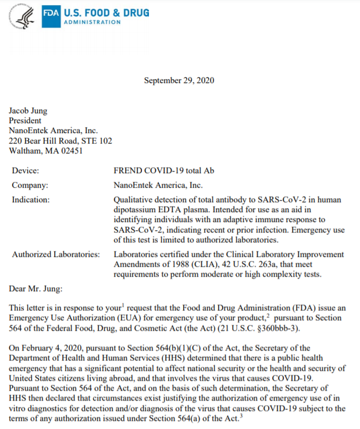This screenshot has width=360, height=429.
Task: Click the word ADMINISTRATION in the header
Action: (x=92, y=22)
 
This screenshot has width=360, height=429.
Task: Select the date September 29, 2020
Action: (x=179, y=80)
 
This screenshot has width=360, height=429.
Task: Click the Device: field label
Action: (x=26, y=171)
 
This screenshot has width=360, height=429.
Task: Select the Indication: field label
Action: (x=31, y=199)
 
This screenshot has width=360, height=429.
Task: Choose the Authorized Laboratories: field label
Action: (x=55, y=254)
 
